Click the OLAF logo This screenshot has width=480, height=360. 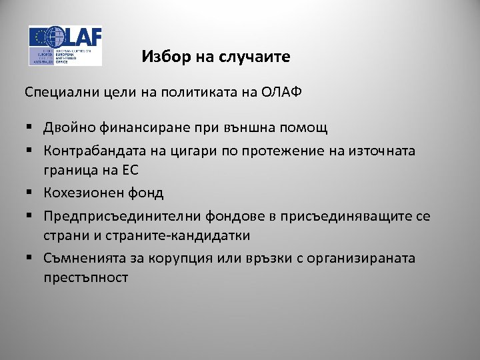pos(65,45)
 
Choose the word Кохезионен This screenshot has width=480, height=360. pos(83,193)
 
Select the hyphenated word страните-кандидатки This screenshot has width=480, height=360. pos(177,235)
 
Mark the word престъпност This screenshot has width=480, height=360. pos(86,277)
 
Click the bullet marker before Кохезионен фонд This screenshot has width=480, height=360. pos(31,193)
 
